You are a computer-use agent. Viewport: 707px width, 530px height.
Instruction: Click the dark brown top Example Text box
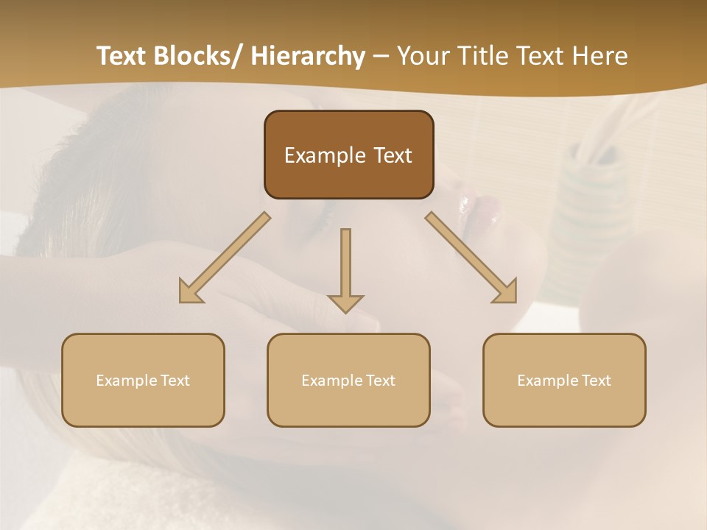tap(348, 155)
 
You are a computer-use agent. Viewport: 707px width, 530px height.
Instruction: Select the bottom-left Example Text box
tap(143, 380)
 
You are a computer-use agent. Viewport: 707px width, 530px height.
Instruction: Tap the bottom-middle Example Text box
tap(348, 380)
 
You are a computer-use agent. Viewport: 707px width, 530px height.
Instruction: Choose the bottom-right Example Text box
tap(564, 380)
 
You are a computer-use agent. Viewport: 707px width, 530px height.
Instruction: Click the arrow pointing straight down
tap(345, 269)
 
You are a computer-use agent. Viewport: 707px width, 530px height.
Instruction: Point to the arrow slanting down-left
tap(225, 258)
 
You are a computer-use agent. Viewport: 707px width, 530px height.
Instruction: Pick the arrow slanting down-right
tap(471, 258)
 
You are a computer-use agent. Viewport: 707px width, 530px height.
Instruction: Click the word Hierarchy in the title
tap(308, 56)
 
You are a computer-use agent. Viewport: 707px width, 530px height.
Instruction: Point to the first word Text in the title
tap(122, 56)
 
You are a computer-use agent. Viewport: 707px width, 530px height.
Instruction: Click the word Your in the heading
tap(422, 56)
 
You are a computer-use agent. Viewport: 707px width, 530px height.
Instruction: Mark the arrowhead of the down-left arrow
tap(190, 292)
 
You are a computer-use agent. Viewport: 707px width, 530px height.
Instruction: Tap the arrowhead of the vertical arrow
tap(345, 303)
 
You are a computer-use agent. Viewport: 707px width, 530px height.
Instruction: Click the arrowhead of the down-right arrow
tap(506, 292)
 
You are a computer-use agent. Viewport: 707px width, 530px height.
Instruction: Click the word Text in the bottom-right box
tap(595, 380)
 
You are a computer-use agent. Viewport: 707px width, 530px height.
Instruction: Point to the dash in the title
tap(381, 56)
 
